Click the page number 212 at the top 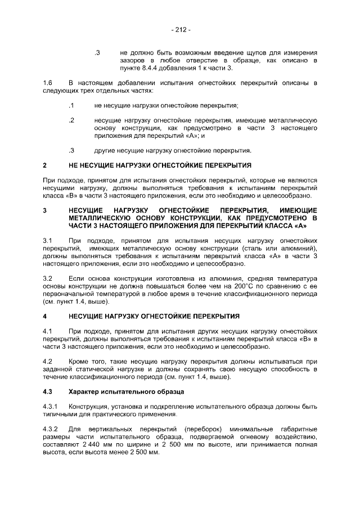(180, 29)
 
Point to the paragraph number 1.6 (48, 83)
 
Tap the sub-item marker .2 (71, 120)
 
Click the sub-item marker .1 (71, 105)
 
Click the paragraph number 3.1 (48, 240)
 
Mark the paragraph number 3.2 (48, 278)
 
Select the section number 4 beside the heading (44, 316)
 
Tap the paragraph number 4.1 (48, 331)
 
